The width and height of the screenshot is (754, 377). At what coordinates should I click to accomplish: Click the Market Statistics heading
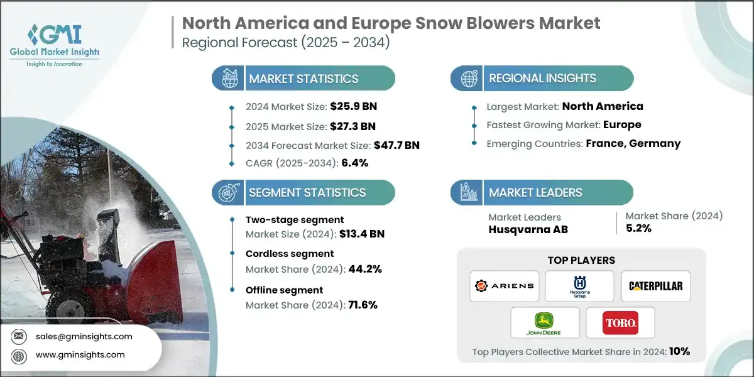(303, 79)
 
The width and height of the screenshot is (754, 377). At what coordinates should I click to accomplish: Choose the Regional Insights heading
(542, 79)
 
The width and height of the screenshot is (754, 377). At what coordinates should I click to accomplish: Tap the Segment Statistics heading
(307, 192)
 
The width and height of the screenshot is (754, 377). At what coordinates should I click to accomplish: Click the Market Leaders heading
(535, 192)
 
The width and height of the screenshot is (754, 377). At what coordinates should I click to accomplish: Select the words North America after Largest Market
(602, 106)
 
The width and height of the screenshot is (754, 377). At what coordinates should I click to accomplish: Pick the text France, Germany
(633, 143)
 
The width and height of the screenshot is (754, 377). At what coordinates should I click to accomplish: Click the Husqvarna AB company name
(528, 229)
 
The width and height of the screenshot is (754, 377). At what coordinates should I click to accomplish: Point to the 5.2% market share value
(638, 229)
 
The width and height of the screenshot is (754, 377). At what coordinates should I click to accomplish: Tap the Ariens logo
(504, 286)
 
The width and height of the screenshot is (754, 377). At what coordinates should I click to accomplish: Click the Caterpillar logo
(655, 286)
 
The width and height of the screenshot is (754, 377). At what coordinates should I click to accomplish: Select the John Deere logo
(544, 322)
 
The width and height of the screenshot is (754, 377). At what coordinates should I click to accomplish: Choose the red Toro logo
(620, 322)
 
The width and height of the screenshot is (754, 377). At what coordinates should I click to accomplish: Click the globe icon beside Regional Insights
(468, 79)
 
